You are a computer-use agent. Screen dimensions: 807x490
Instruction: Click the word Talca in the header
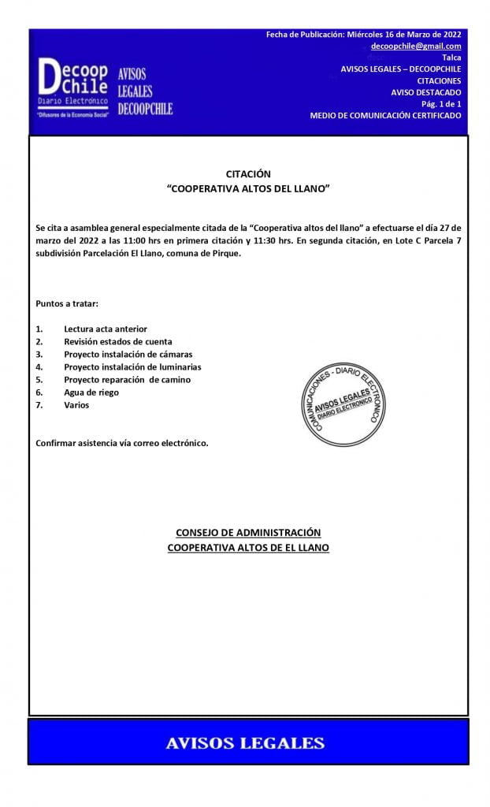pos(451,58)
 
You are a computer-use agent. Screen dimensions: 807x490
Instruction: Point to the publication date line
pos(364,35)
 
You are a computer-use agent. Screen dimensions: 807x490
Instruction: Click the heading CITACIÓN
pos(248,174)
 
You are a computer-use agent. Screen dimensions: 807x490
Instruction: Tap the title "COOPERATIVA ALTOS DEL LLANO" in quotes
pos(248,190)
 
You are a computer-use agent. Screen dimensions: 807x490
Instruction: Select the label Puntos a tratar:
pos(68,303)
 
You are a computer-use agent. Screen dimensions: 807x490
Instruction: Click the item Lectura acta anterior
pos(106,329)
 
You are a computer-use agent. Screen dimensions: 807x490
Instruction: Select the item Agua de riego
pos(91,392)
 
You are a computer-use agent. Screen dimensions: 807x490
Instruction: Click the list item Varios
pos(77,404)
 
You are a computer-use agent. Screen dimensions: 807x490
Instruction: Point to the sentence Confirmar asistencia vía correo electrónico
pos(122,443)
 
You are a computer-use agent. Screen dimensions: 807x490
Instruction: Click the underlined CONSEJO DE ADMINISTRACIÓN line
pos(248,533)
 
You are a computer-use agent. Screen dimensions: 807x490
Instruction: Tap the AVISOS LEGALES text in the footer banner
pos(245,743)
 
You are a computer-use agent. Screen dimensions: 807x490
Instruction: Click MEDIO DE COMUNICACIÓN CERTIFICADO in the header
pos(385,115)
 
